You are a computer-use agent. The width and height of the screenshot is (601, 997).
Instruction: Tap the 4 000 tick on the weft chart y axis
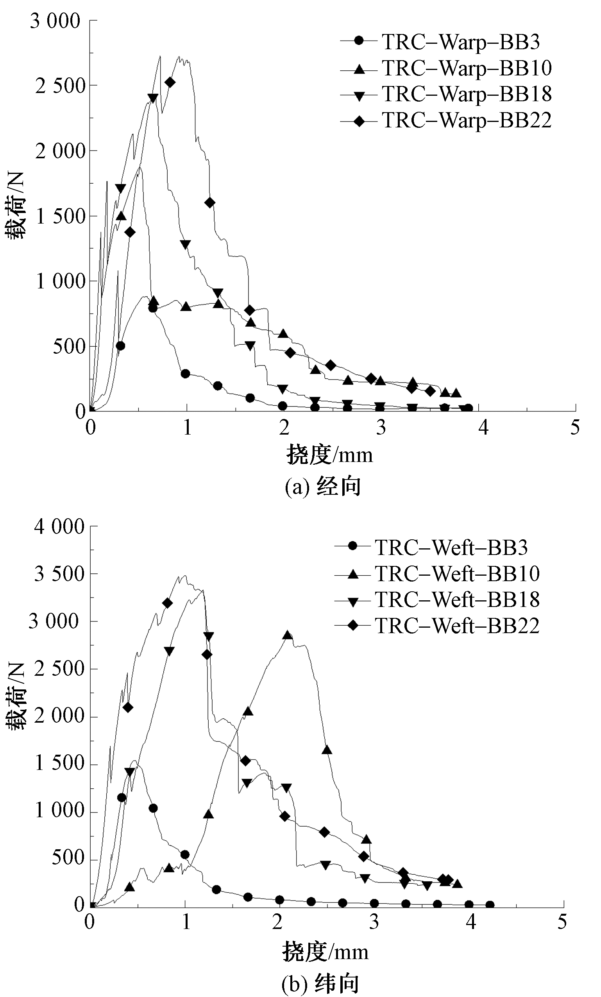59,527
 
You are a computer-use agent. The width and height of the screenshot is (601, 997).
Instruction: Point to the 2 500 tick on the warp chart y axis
60,86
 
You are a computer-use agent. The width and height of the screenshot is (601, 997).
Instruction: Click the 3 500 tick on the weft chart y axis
59,574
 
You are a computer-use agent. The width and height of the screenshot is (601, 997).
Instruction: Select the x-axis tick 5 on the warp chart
575,428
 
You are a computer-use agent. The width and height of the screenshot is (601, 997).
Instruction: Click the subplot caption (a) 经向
322,487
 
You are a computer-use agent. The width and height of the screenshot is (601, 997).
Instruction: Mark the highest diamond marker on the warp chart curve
170,82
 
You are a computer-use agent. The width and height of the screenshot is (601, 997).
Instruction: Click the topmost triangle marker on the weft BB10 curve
287,634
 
